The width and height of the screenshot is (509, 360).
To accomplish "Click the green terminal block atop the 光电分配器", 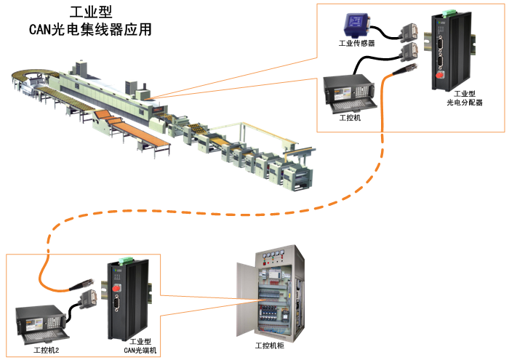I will tap(443, 12).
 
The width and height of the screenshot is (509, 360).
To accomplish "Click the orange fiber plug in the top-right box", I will tap(402, 71).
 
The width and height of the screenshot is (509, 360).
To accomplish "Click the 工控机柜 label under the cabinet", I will tap(269, 345).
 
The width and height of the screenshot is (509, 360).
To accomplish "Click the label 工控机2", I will tap(46, 351).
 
